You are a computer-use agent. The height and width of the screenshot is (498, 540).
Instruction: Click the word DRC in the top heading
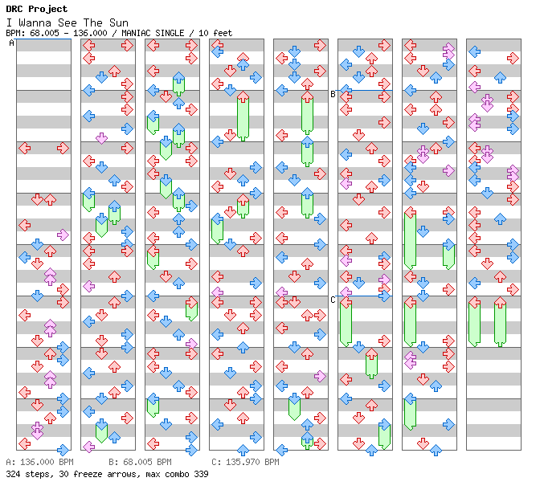tap(15, 9)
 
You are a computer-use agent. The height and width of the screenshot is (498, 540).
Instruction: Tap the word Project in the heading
tap(48, 9)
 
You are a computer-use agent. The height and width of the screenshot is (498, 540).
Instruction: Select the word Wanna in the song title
tap(31, 22)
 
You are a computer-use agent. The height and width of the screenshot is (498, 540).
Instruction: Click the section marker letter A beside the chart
tap(11, 43)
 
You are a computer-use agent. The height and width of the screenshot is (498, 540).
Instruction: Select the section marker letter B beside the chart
tap(333, 94)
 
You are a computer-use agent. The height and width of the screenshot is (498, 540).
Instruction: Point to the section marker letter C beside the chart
tap(333, 300)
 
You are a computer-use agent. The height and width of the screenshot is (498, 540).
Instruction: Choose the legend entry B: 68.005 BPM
tap(140, 463)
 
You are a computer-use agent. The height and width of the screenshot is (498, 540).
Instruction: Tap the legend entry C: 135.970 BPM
tap(245, 463)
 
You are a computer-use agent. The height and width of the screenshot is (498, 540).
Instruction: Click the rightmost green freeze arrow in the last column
tap(500, 322)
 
